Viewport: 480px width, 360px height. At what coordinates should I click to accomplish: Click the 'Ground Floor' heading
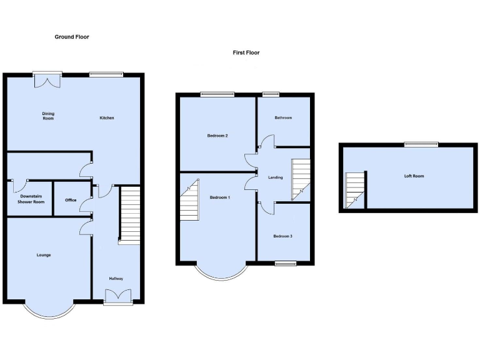point(72,37)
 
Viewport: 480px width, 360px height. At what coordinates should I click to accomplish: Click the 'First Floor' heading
point(246,52)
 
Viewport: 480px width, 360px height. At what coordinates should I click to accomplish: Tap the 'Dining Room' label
point(48,116)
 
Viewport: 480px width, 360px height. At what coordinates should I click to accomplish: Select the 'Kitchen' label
point(107,118)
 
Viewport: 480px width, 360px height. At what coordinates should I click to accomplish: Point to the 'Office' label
point(71,200)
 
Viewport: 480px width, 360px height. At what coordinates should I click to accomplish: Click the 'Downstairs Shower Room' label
point(31,199)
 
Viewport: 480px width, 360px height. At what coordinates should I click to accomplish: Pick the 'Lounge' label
point(43,255)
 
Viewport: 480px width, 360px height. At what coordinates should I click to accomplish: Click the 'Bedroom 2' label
point(217,136)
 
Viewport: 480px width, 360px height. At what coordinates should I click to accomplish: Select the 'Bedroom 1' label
point(220,197)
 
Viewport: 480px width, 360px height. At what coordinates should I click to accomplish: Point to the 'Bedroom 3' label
point(283,236)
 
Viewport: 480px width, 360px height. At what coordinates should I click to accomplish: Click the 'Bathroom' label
point(283,117)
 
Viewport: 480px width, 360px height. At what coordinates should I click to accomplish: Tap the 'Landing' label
point(275,177)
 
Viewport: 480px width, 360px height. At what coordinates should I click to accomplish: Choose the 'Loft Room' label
point(414,176)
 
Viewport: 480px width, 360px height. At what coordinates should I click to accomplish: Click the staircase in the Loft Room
point(355,191)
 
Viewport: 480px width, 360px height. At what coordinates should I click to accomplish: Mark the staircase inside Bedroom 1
point(190,201)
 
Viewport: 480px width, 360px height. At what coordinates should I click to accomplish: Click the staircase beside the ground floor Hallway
point(129,215)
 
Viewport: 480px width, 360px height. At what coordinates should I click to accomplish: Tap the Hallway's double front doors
point(118,296)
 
